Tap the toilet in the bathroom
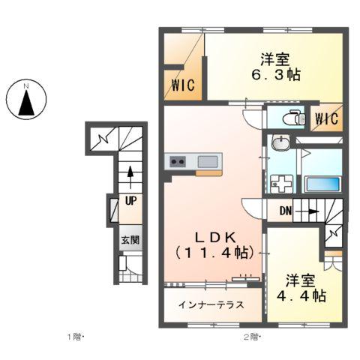(294, 118)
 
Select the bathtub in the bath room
(322, 184)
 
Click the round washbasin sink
(280, 143)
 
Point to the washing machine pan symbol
(282, 184)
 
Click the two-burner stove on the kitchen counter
(178, 161)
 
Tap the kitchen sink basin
(208, 161)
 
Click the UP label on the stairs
(130, 200)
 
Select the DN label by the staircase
(286, 211)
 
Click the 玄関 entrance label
(130, 240)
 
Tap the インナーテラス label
(211, 304)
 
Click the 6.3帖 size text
(276, 74)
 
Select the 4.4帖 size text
(301, 296)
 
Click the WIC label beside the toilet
(327, 118)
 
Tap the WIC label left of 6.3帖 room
(183, 85)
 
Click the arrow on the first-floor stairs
(130, 176)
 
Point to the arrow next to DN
(307, 211)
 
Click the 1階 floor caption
(75, 337)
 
